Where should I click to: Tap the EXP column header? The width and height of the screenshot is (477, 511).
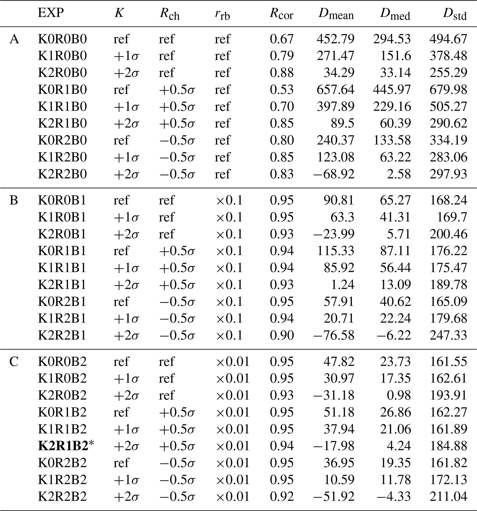[51, 13]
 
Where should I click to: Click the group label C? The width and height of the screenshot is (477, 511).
[14, 362]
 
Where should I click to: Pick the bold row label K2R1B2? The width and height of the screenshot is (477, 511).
[63, 446]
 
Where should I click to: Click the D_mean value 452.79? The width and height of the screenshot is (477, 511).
[336, 39]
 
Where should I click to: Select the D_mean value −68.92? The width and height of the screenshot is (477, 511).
[334, 174]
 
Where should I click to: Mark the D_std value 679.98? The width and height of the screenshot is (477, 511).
[448, 90]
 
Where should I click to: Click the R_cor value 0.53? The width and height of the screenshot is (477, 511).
[282, 90]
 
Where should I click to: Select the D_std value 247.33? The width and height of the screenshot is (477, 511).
[448, 335]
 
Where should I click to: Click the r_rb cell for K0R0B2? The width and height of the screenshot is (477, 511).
[233, 362]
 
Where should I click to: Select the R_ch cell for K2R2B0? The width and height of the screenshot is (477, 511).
[177, 174]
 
